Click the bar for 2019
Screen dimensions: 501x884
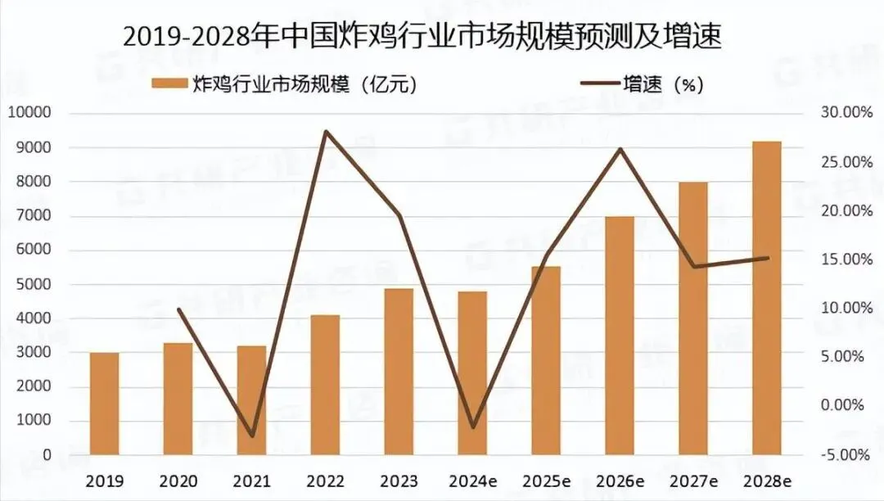(x=104, y=404)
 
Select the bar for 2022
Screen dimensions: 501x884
(x=325, y=385)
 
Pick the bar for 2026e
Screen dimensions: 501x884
(x=620, y=336)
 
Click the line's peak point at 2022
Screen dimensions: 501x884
(x=326, y=131)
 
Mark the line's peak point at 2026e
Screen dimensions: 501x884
(x=620, y=149)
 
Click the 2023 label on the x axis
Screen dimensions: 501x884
(x=399, y=481)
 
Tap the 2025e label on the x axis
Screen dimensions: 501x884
(x=546, y=481)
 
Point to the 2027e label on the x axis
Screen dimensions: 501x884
(x=693, y=481)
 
